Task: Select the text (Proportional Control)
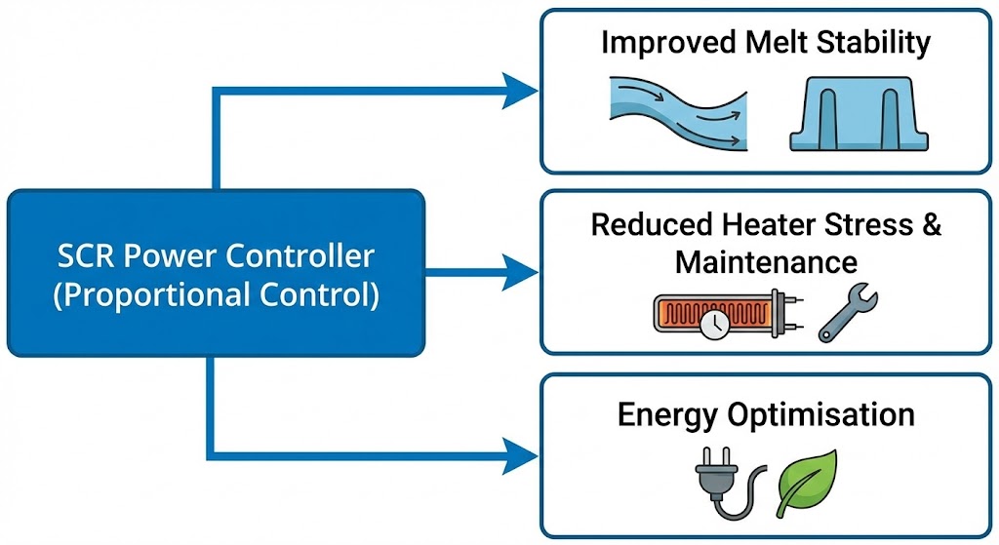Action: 216,293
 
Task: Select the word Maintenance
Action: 766,261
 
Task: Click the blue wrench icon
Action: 848,315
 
